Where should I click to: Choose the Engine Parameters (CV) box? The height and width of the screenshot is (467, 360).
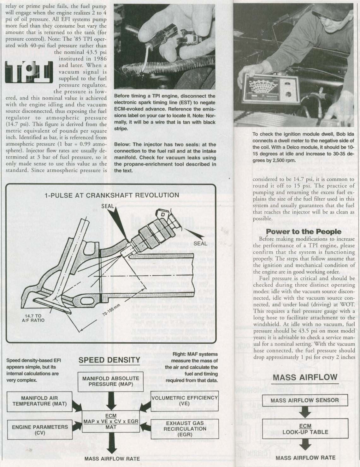(40, 429)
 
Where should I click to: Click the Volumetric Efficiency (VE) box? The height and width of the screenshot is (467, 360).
(184, 400)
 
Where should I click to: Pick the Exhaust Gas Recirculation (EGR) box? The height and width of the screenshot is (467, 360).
(185, 428)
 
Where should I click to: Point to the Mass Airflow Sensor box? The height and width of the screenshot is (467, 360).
(304, 400)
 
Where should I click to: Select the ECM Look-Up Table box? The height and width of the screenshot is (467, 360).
(305, 429)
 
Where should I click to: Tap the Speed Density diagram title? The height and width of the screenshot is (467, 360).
(109, 360)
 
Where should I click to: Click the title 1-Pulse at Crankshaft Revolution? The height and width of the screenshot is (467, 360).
(112, 195)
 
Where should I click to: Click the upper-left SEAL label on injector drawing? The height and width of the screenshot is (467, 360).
(108, 206)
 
